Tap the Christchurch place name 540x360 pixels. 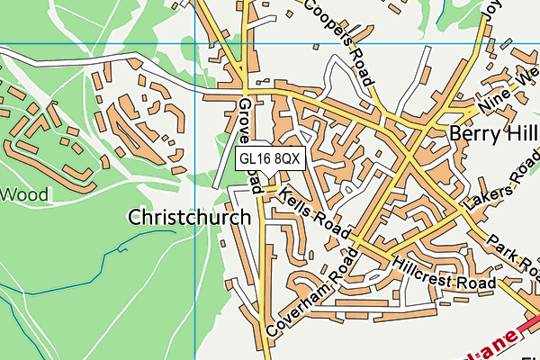pos(189,218)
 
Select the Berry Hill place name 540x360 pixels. pos(492,134)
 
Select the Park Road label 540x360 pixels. pos(514,256)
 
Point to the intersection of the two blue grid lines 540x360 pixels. pos(195,43)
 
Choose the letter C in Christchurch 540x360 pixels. pos(136,218)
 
